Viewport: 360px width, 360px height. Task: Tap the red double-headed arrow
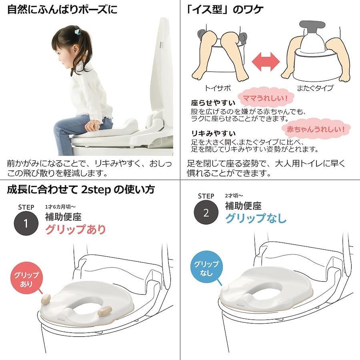tap(266, 62)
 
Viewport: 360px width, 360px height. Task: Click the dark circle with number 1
tap(26, 223)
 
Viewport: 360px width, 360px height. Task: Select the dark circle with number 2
tap(206, 212)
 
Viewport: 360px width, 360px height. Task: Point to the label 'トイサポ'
tap(218, 88)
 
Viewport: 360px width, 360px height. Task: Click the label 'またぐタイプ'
tap(315, 88)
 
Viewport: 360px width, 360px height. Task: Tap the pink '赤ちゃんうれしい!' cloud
tap(316, 128)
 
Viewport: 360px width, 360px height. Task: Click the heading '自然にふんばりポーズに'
tap(62, 10)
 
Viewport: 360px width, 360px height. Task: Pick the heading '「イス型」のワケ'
tap(225, 10)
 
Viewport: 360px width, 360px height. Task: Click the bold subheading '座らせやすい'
tap(213, 103)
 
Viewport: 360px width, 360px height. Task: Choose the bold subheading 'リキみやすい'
tap(213, 133)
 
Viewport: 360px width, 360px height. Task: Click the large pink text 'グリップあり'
tap(76, 229)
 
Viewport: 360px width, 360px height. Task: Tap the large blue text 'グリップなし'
tap(256, 218)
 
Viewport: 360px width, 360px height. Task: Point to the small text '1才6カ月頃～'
tap(60, 207)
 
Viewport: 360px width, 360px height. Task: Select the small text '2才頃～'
tap(234, 196)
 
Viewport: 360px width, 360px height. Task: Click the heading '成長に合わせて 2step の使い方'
tap(81, 190)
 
